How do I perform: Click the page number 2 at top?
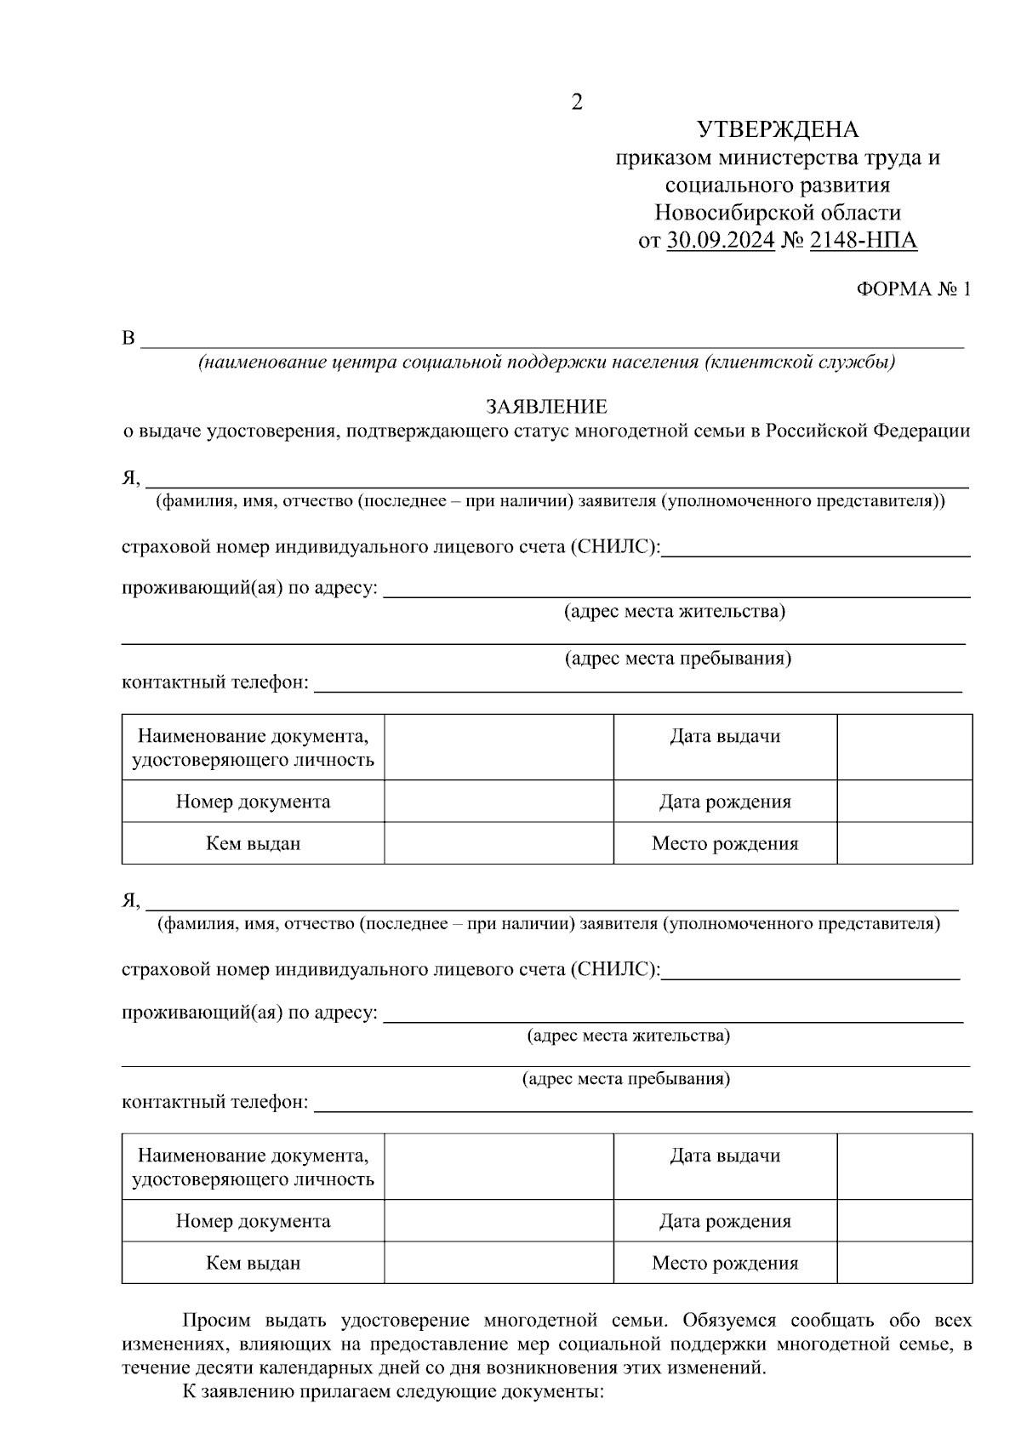click(x=577, y=103)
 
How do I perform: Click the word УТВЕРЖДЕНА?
click(x=778, y=130)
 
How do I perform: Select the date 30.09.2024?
click(x=721, y=241)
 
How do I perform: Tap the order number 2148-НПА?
click(x=863, y=241)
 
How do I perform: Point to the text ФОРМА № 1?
click(x=913, y=289)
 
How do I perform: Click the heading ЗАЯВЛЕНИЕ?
click(x=546, y=407)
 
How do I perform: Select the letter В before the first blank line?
click(x=128, y=339)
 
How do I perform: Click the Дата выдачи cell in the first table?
click(x=725, y=737)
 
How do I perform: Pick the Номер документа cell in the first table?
click(x=253, y=802)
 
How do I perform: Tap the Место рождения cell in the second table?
click(x=725, y=1263)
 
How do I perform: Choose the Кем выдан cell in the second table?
click(x=253, y=1263)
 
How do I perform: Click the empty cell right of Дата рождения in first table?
click(x=904, y=802)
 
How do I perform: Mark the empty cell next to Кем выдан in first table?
click(x=499, y=843)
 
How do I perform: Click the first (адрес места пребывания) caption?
click(x=678, y=659)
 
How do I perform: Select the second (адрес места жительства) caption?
click(x=628, y=1036)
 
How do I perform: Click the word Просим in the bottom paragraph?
click(x=218, y=1321)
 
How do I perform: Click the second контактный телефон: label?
click(x=215, y=1103)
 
